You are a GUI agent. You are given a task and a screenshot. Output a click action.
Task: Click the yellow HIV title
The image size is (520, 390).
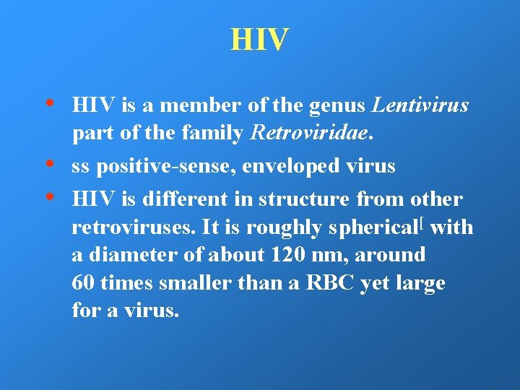(259, 40)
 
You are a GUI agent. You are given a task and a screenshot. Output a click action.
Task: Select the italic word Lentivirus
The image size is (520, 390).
(420, 106)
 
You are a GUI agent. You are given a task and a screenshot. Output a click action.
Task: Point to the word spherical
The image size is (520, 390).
(376, 228)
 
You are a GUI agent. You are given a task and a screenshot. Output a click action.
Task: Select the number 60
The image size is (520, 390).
(84, 283)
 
